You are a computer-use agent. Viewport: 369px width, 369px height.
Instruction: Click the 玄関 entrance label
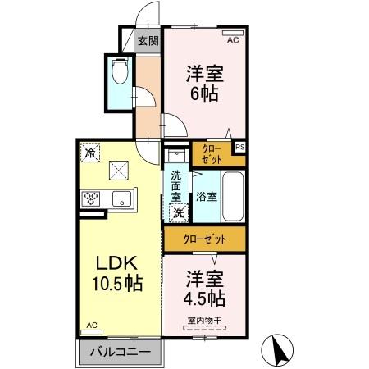pyautogui.click(x=148, y=40)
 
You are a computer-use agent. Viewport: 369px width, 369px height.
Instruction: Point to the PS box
pyautogui.click(x=239, y=147)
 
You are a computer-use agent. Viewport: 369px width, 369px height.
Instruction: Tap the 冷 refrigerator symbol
pyautogui.click(x=89, y=151)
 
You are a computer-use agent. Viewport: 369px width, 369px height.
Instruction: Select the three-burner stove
pyautogui.click(x=90, y=198)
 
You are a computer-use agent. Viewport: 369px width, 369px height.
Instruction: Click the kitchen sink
pyautogui.click(x=123, y=198)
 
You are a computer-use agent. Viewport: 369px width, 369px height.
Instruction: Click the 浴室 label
pyautogui.click(x=206, y=197)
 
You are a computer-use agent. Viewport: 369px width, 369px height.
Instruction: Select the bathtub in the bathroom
pyautogui.click(x=234, y=197)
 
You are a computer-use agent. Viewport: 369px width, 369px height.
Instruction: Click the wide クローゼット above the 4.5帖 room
pyautogui.click(x=205, y=239)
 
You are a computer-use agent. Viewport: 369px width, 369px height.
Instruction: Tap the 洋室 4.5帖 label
pyautogui.click(x=205, y=286)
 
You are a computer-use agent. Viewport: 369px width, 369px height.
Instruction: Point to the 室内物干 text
pyautogui.click(x=205, y=321)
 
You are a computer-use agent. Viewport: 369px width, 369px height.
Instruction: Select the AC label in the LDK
pyautogui.click(x=92, y=326)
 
